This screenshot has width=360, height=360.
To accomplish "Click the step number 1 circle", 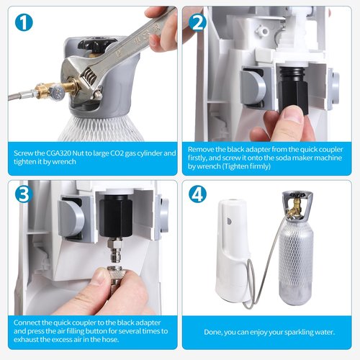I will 24,23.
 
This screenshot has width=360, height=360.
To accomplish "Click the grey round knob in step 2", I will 252,86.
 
